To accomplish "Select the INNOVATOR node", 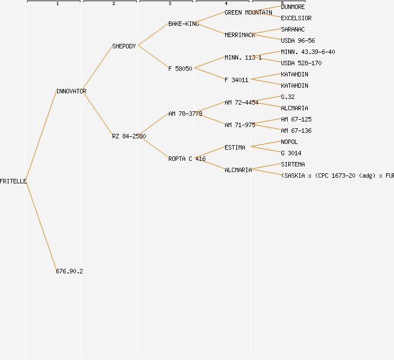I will pos(71,91).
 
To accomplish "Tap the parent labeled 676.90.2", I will pos(69,271).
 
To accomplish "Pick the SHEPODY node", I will pos(124,46).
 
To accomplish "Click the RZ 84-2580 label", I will pos(129,136).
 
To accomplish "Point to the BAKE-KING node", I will pos(183,24).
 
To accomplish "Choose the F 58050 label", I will pos(180,69).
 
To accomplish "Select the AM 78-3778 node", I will pos(185,114).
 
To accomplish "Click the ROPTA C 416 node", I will pos(187,159).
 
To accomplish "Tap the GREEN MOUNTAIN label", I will pos(248,12).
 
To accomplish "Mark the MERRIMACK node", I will pos(240,35).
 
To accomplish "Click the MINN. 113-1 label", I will pos(243,57).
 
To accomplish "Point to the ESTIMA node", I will pos(235,147).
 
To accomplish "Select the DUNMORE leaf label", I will pos(293,7).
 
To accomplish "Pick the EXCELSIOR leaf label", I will pos(296,18).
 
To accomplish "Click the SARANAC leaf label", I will pos(293,29).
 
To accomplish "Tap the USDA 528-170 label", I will pos(301,63).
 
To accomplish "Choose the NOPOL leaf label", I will pos(289,142).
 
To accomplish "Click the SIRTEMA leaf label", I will pos(293,164).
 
